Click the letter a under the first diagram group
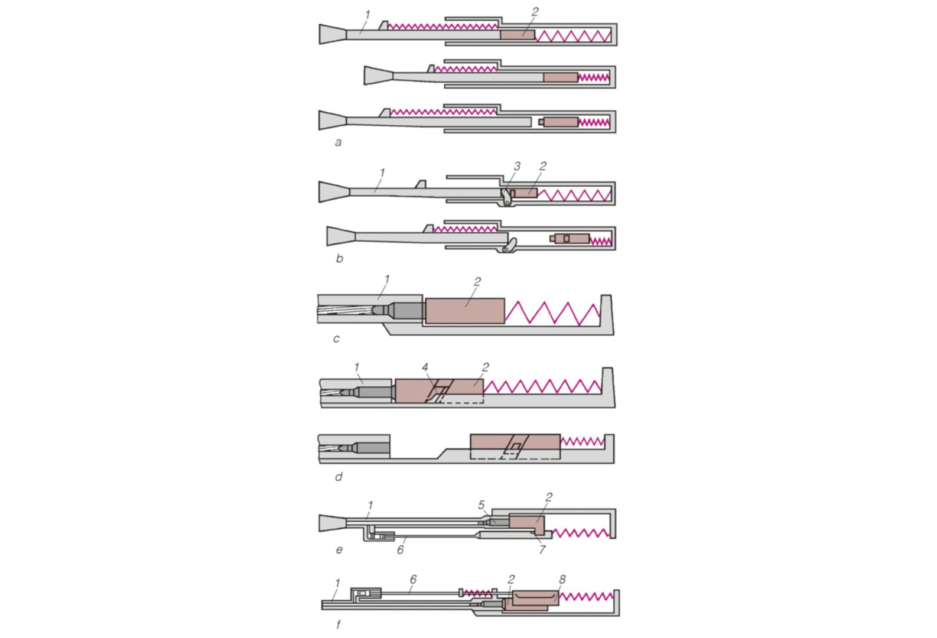coord(338,142)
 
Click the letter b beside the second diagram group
coord(339,258)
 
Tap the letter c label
coord(336,338)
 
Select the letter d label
coord(339,476)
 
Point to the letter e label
coord(339,549)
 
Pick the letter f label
coord(339,624)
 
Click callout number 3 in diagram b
coord(517,166)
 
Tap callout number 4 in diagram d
coord(425,367)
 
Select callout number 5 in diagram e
coord(481,504)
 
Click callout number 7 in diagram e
coord(542,549)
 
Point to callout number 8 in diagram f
coord(562,580)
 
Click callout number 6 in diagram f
coord(413,580)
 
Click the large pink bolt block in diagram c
coord(464,311)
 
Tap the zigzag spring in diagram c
coord(553,313)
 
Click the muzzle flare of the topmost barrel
coord(333,34)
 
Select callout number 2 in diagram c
coord(477,282)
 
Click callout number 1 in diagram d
coord(356,367)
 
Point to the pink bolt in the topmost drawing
coord(518,35)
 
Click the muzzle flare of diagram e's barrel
coord(332,523)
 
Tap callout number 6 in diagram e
coord(400,549)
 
